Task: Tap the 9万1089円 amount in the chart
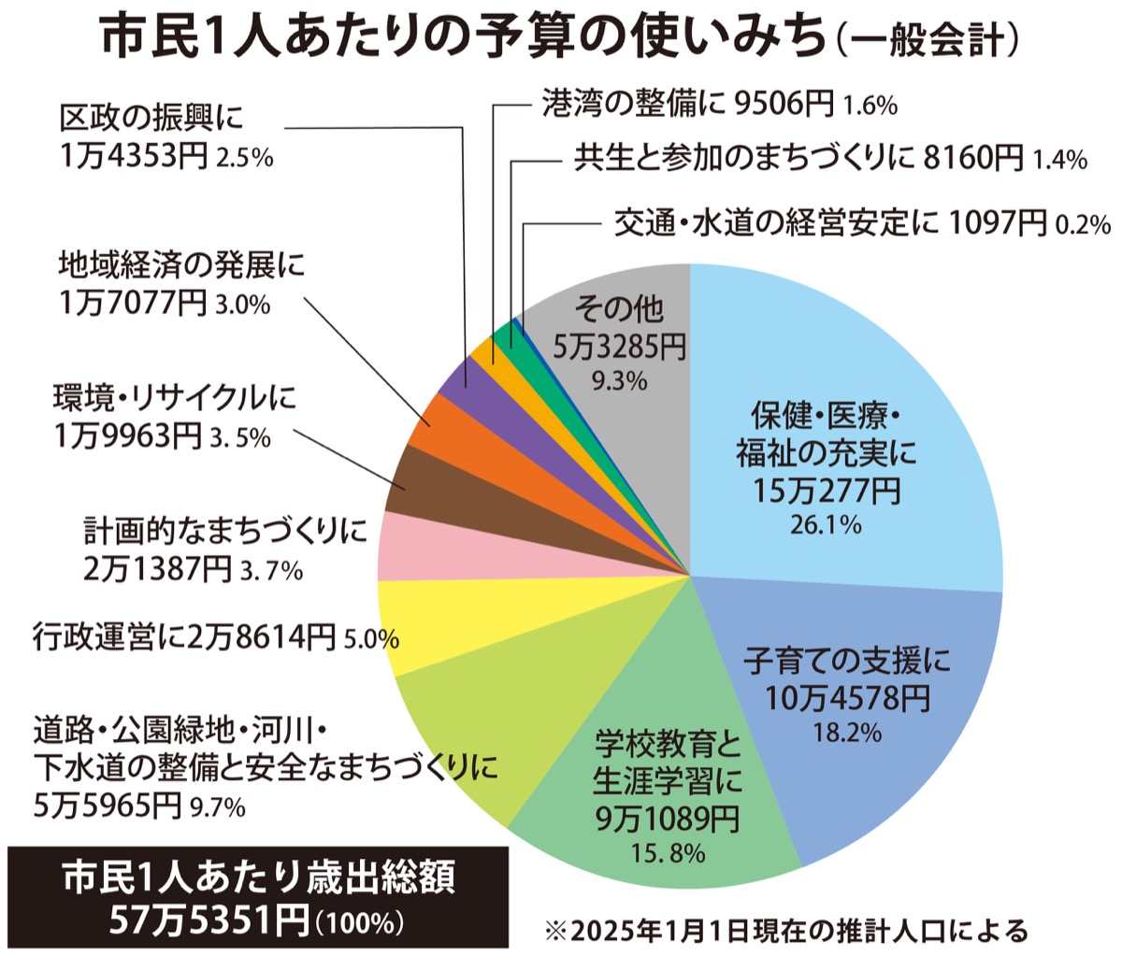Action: tap(667, 819)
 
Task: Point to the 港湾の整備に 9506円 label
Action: tap(687, 104)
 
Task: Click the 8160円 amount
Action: tap(972, 158)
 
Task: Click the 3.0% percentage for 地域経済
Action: tap(242, 304)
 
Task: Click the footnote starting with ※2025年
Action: tap(785, 931)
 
